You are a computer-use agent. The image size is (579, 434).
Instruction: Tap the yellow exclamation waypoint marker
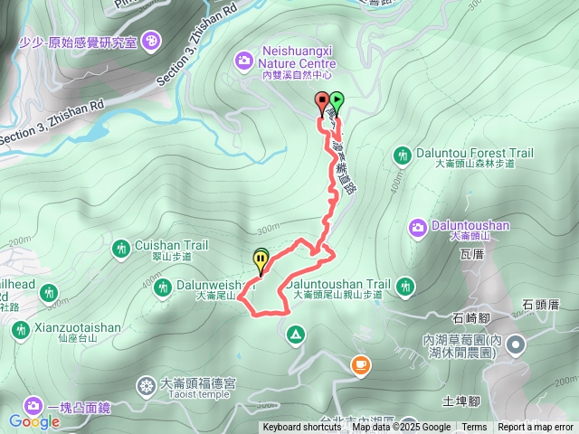point(261,263)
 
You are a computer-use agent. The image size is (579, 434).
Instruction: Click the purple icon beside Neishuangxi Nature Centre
point(242,61)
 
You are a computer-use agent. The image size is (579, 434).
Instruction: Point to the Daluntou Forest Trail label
point(475,154)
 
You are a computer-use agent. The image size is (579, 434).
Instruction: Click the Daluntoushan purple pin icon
point(417,226)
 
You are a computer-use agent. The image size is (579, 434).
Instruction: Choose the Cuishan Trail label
point(171,245)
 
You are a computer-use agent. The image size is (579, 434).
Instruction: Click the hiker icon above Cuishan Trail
point(122,247)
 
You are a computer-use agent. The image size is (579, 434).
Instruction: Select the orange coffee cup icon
point(360,364)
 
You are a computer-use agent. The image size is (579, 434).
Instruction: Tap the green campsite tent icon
point(295,335)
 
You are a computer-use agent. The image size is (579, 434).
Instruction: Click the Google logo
point(34,420)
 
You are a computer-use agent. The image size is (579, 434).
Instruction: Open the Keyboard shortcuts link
point(302,428)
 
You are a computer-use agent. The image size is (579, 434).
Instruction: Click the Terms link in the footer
point(474,428)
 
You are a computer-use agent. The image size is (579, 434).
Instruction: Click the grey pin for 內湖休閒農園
point(516,344)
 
